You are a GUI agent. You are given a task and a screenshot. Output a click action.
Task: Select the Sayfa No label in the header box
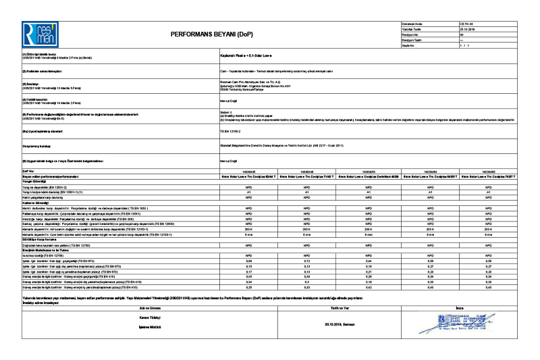click(x=407, y=45)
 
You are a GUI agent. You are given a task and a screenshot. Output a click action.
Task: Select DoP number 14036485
click(x=488, y=172)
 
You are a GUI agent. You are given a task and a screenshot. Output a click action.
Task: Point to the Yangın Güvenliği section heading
click(x=34, y=181)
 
